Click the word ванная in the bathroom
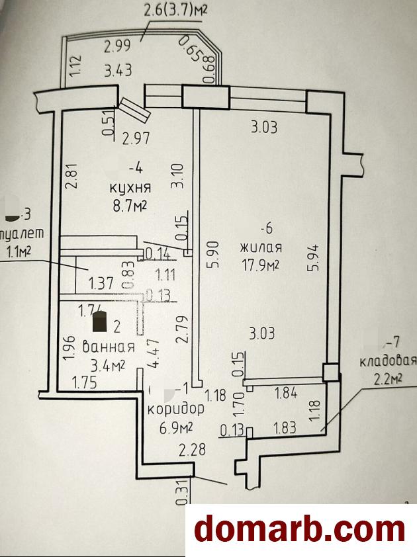pyautogui.click(x=109, y=347)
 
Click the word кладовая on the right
pyautogui.click(x=387, y=361)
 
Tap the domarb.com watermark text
pyautogui.click(x=299, y=529)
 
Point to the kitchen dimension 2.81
pyautogui.click(x=72, y=177)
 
